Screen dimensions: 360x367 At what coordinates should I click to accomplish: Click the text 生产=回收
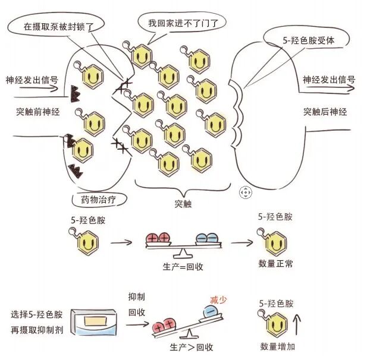(x=183, y=266)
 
